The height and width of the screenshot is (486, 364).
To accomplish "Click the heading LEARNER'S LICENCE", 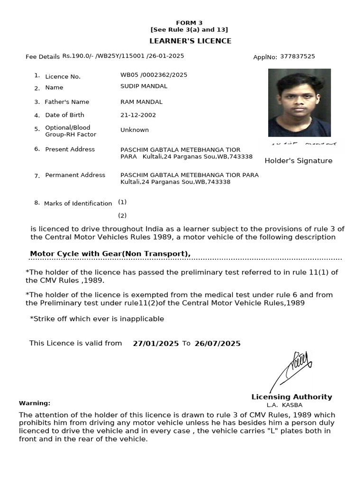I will coord(191,41).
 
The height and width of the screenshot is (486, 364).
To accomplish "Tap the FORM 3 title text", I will coord(189,23).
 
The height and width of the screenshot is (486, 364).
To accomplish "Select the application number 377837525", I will coord(297,56).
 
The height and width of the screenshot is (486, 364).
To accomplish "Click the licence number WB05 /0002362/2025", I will coord(154,75).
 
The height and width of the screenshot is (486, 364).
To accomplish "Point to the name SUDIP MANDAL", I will coord(144,86).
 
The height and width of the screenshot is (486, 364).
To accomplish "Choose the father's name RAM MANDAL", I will coord(141,102).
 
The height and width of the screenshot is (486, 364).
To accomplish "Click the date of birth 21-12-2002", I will coord(138,115).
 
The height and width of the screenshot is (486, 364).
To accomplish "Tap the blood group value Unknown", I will coord(135,130).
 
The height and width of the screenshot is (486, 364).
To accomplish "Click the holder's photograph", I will coord(299,103).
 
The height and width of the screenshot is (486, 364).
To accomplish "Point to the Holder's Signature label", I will coord(298,161).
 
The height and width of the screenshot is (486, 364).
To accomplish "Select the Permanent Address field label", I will coord(75,175).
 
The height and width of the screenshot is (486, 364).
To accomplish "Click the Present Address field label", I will coord(70,150).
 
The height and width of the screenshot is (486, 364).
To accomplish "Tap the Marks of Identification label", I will coord(78,204).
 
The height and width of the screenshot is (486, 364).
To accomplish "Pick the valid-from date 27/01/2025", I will coord(155,344).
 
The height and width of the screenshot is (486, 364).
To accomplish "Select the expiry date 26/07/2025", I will coord(217,344).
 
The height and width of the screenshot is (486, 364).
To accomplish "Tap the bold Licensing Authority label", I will coord(291,397).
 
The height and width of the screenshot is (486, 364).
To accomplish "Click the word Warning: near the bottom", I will coord(35,403).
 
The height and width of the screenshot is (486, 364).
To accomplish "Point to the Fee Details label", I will coord(43,57).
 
